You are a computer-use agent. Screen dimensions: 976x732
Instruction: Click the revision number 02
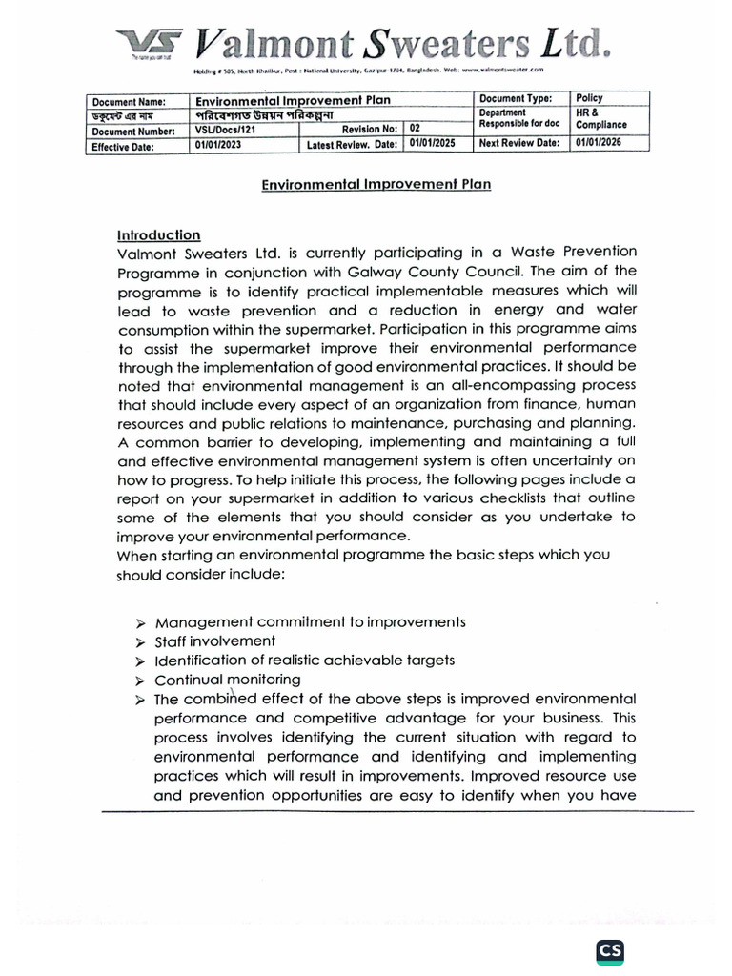(416, 128)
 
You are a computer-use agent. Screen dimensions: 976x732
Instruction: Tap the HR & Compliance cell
(601, 118)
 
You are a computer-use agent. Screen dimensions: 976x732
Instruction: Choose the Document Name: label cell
(129, 101)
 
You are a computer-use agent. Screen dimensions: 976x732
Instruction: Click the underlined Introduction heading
(158, 234)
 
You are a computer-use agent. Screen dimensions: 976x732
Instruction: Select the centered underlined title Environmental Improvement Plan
(376, 184)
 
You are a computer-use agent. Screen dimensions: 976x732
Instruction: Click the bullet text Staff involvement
(214, 640)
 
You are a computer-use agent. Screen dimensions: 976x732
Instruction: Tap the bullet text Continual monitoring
(227, 680)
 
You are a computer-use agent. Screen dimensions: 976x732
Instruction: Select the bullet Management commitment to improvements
(310, 621)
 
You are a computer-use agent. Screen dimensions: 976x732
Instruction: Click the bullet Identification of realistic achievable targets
(304, 660)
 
